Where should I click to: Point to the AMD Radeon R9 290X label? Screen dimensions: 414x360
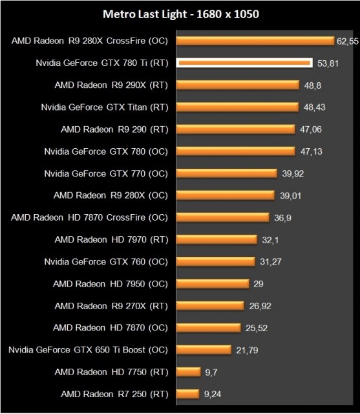click(111, 85)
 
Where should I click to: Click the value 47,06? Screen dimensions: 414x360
click(311, 129)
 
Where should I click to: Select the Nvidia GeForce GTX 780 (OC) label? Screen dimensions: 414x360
click(106, 151)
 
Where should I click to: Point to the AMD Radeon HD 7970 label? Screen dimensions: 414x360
click(111, 239)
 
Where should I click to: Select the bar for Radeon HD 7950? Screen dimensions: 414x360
click(213, 283)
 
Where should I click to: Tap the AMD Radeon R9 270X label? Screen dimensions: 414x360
click(111, 305)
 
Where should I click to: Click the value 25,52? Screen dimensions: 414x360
click(257, 327)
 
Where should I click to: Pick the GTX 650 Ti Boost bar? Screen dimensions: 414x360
click(204, 349)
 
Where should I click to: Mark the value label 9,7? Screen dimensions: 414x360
click(211, 371)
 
